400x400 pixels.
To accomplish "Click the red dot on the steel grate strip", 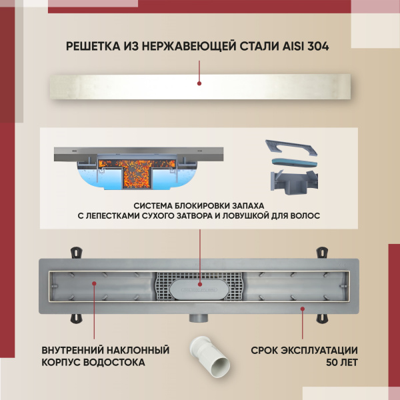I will click(x=199, y=83).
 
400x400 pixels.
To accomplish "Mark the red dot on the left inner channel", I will click(x=93, y=283).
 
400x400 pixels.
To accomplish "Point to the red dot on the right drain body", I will click(x=303, y=308).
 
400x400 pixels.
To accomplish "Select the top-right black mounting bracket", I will click(x=321, y=253).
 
